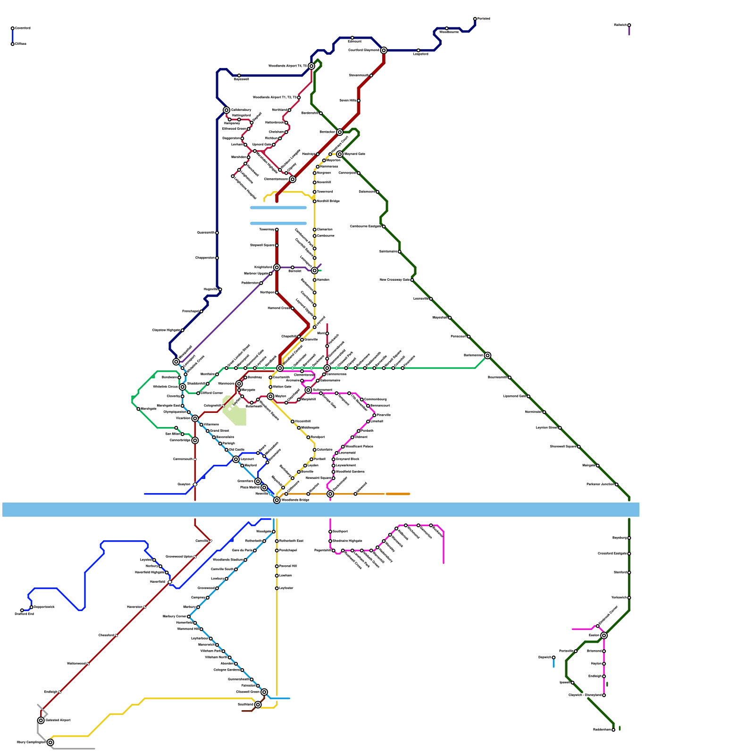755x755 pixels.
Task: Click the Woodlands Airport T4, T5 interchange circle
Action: pos(311,66)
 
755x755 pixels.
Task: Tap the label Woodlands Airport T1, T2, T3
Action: pos(275,98)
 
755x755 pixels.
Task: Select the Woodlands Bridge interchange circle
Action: pos(277,500)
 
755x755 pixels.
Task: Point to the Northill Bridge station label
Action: pos(328,201)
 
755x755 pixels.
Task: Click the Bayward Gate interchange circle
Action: pos(340,154)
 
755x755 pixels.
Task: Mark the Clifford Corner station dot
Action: pos(198,393)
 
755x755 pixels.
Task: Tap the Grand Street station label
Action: pos(219,431)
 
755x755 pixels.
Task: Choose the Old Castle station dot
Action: pos(226,450)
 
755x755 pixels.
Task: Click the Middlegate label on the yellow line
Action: pos(310,428)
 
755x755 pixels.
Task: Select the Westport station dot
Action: pos(308,437)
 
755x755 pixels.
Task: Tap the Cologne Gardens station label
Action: pos(227,670)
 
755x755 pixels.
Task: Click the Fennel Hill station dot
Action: pos(277,566)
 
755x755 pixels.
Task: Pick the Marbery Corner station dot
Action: pos(189,617)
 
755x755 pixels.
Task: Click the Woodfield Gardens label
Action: pos(350,472)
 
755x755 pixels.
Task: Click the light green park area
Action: pos(235,411)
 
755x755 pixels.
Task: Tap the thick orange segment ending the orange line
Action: pos(398,494)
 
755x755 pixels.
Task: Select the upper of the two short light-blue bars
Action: pos(278,208)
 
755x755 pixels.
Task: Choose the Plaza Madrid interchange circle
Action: pos(264,487)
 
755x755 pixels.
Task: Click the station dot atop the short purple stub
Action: pos(629,25)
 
